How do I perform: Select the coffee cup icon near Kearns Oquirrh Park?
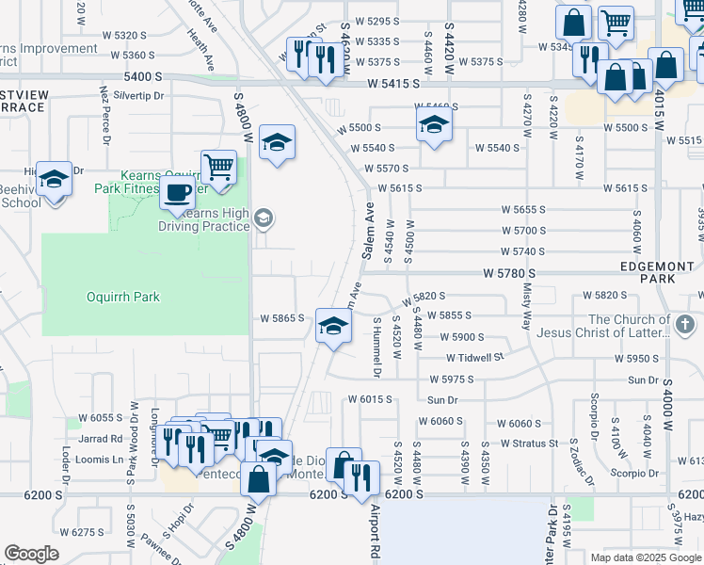(x=176, y=194)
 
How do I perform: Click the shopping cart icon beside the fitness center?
(x=218, y=167)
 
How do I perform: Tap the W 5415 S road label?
(x=406, y=85)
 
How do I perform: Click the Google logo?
(x=31, y=554)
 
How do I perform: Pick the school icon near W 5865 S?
(x=332, y=327)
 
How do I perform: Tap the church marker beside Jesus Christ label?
(x=686, y=326)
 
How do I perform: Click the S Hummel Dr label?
(x=376, y=347)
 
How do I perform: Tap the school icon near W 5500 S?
(x=433, y=124)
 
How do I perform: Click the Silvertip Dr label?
(x=138, y=96)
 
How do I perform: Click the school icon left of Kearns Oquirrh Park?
(x=55, y=179)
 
